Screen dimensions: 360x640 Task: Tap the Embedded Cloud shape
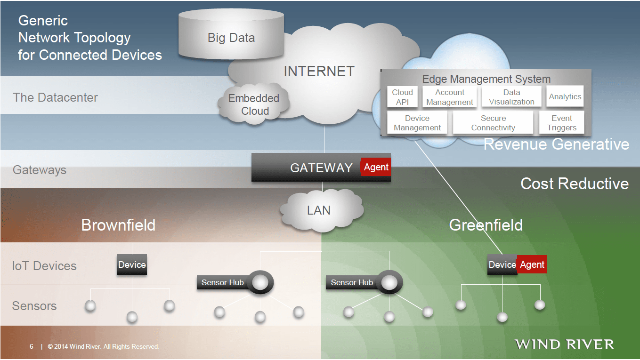click(254, 104)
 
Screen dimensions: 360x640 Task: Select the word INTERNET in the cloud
click(319, 72)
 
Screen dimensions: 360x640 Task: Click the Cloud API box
click(402, 97)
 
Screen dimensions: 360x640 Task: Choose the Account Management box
click(450, 97)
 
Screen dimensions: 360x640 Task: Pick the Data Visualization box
click(511, 97)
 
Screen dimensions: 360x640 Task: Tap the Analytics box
click(565, 96)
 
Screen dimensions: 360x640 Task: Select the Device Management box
click(417, 123)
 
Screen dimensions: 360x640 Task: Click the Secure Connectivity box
click(493, 123)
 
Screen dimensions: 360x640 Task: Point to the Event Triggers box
click(561, 123)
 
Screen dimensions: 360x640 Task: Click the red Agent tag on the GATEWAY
click(376, 167)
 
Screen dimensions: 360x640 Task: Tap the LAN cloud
click(319, 210)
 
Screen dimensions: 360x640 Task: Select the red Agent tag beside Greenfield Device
click(532, 264)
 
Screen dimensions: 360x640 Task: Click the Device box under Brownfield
click(132, 264)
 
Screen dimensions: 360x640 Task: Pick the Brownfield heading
click(118, 225)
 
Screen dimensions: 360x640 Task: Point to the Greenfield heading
click(486, 225)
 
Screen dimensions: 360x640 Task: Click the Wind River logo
click(564, 344)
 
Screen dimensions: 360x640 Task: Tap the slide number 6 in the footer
click(32, 347)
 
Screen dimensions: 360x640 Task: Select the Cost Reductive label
click(574, 184)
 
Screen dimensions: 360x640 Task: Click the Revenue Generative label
click(556, 144)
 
